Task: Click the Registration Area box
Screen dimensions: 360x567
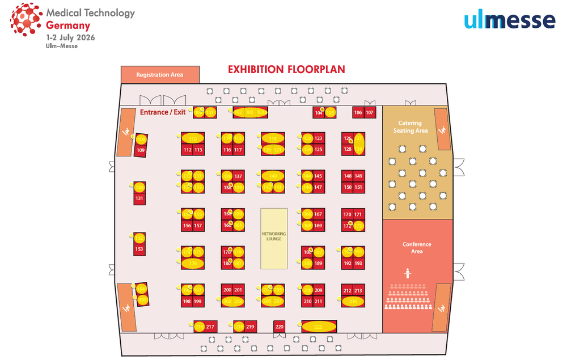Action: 160,74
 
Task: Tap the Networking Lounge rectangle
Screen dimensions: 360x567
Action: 274,238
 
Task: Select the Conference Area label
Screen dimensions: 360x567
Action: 417,248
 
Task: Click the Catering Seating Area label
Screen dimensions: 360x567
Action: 410,127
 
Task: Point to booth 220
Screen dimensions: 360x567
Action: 279,327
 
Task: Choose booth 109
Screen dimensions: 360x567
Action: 141,150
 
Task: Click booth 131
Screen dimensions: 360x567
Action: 139,198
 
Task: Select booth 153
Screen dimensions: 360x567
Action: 139,249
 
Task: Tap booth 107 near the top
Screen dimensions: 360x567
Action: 370,113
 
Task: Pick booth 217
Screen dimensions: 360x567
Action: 210,327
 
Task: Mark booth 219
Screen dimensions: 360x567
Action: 250,327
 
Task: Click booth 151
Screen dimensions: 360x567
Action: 358,187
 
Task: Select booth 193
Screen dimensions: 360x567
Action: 358,263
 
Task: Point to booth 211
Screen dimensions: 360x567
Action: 319,301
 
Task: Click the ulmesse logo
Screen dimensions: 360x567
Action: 509,21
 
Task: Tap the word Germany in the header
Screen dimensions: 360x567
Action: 68,26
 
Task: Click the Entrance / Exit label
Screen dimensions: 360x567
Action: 163,112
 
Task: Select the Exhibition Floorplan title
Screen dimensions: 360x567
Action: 286,70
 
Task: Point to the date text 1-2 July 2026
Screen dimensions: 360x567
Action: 70,37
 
